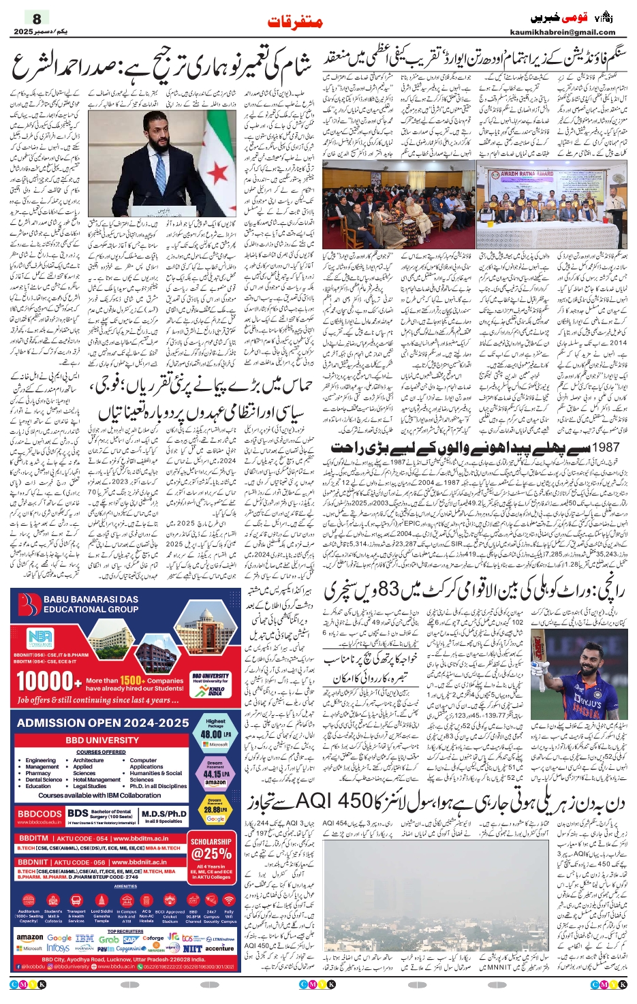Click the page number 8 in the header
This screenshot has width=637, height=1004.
37,18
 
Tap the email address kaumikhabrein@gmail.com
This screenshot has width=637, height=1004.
562,32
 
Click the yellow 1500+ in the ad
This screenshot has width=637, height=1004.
131,680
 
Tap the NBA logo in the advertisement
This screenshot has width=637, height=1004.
40,638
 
